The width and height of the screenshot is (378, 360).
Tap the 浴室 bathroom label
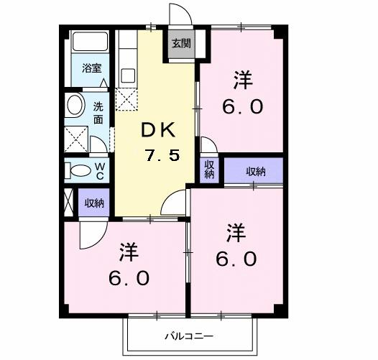click(91, 69)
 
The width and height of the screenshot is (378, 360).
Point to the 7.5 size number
click(161, 155)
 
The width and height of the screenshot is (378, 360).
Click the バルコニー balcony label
click(189, 336)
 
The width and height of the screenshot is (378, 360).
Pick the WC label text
click(101, 170)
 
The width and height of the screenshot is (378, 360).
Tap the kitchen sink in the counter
click(128, 75)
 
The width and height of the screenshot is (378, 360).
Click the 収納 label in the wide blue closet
click(255, 171)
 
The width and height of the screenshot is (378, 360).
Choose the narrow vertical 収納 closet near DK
click(209, 170)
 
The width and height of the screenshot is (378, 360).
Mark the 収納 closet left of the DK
click(94, 203)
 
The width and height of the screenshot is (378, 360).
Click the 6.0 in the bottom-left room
click(129, 277)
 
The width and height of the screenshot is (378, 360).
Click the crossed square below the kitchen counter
click(127, 100)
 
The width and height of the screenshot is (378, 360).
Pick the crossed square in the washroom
click(75, 137)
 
